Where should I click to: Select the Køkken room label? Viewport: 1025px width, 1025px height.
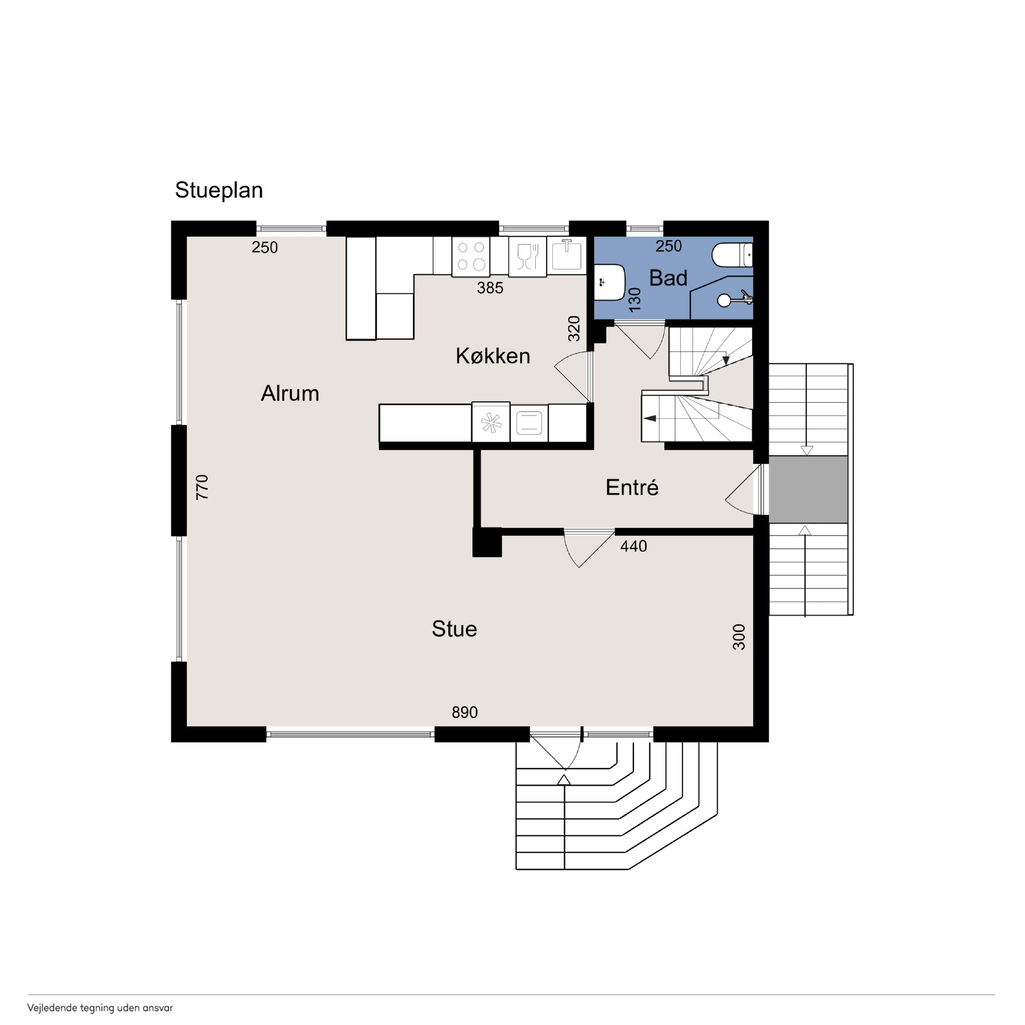493,356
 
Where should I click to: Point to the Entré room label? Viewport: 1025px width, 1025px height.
632,487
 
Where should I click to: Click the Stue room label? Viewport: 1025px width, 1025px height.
454,629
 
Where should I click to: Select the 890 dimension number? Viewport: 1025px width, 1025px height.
465,712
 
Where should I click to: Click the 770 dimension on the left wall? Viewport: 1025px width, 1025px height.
202,486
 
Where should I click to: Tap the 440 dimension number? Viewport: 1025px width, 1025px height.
634,546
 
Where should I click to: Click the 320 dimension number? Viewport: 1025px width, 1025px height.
574,328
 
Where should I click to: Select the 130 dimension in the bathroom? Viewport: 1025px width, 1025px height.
635,299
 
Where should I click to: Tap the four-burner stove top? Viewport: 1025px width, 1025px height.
471,256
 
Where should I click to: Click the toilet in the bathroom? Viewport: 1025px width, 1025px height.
732,255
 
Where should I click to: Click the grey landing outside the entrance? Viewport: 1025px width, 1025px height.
808,488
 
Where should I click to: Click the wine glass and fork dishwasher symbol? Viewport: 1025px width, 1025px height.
527,256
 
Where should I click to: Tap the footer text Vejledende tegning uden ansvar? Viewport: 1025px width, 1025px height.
100,1008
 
